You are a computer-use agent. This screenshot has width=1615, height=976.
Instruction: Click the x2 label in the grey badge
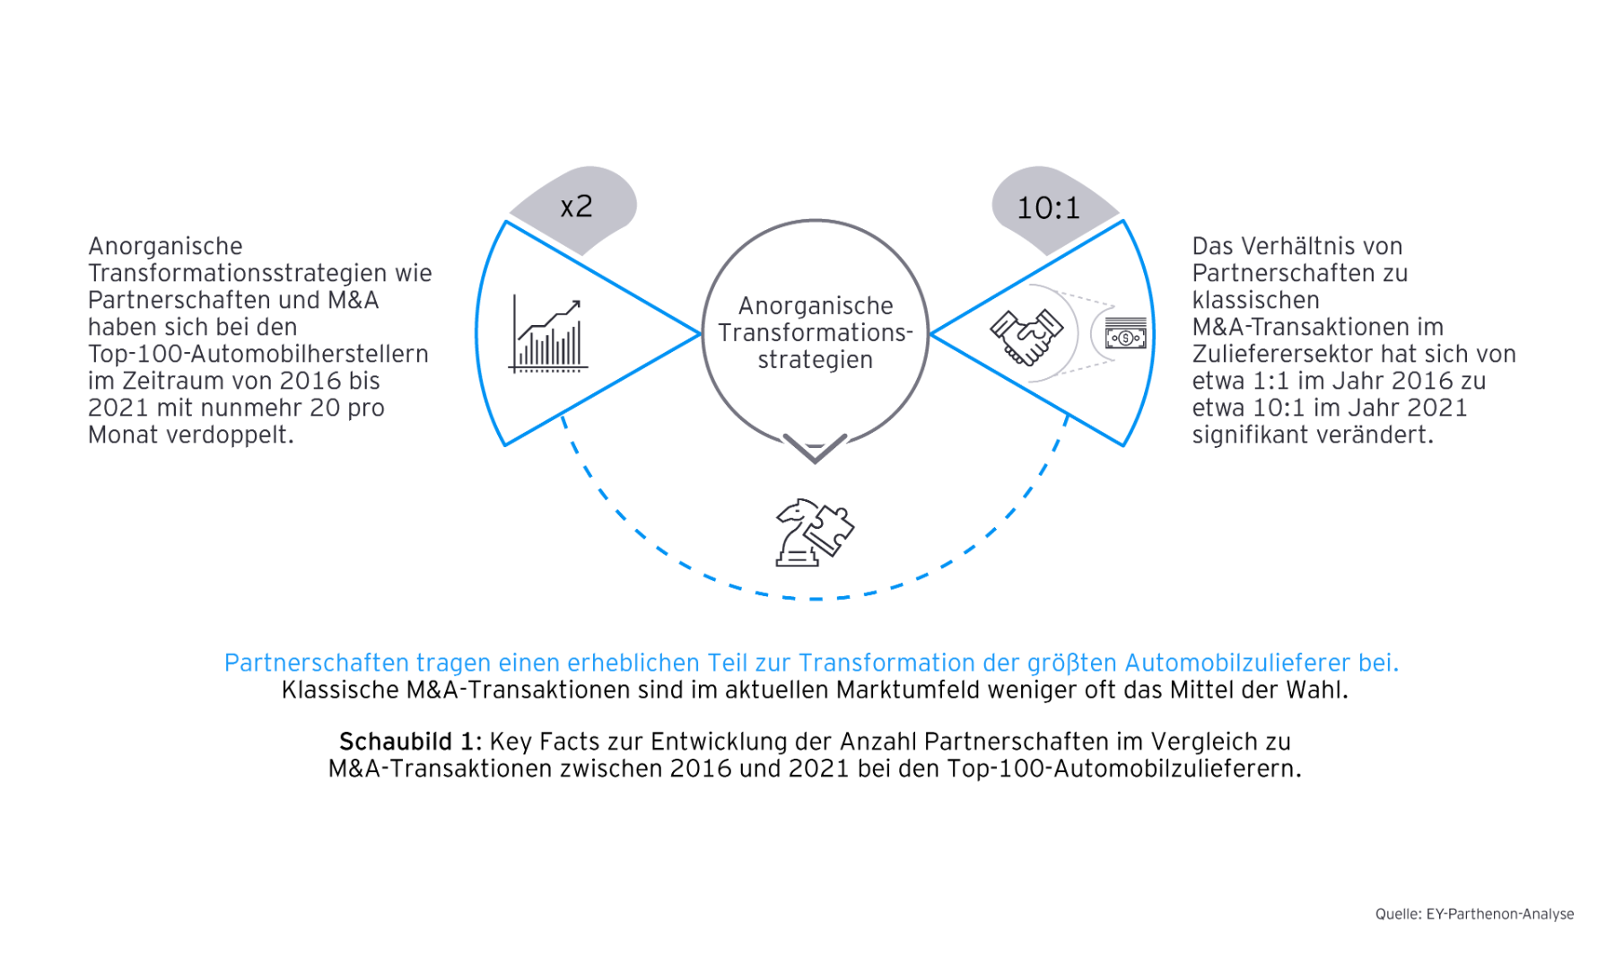pyautogui.click(x=576, y=207)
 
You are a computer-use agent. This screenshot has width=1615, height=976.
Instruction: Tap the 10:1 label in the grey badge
pyautogui.click(x=1048, y=208)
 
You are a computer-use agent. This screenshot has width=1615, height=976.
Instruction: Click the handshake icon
pyautogui.click(x=1026, y=336)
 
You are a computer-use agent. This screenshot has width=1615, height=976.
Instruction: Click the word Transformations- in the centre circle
pyautogui.click(x=815, y=333)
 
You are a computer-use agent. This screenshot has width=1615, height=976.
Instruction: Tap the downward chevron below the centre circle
pyautogui.click(x=815, y=447)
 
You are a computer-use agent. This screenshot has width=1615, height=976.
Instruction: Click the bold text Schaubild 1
pyautogui.click(x=410, y=742)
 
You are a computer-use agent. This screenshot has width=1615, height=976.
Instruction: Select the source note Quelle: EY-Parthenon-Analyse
pyautogui.click(x=1474, y=914)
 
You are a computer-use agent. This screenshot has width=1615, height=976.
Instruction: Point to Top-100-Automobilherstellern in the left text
pyautogui.click(x=258, y=355)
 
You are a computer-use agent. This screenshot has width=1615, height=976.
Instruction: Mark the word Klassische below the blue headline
pyautogui.click(x=339, y=690)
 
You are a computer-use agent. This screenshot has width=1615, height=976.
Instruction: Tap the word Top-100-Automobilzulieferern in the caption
pyautogui.click(x=1123, y=769)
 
